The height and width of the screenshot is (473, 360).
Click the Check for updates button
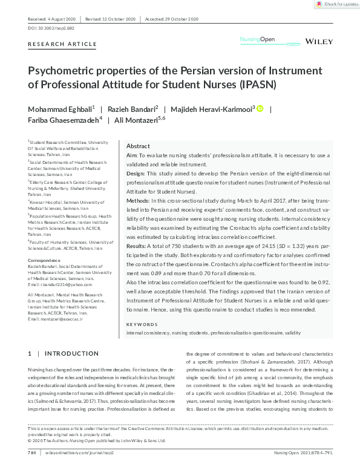tap(336, 4)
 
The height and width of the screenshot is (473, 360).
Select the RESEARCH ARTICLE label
tap(62, 44)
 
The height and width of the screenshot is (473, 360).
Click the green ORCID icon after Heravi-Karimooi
tap(260, 109)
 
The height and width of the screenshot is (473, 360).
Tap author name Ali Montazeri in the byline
tap(136, 120)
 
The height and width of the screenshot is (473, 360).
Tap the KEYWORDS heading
tap(141, 325)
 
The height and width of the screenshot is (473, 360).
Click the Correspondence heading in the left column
tap(46, 260)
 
